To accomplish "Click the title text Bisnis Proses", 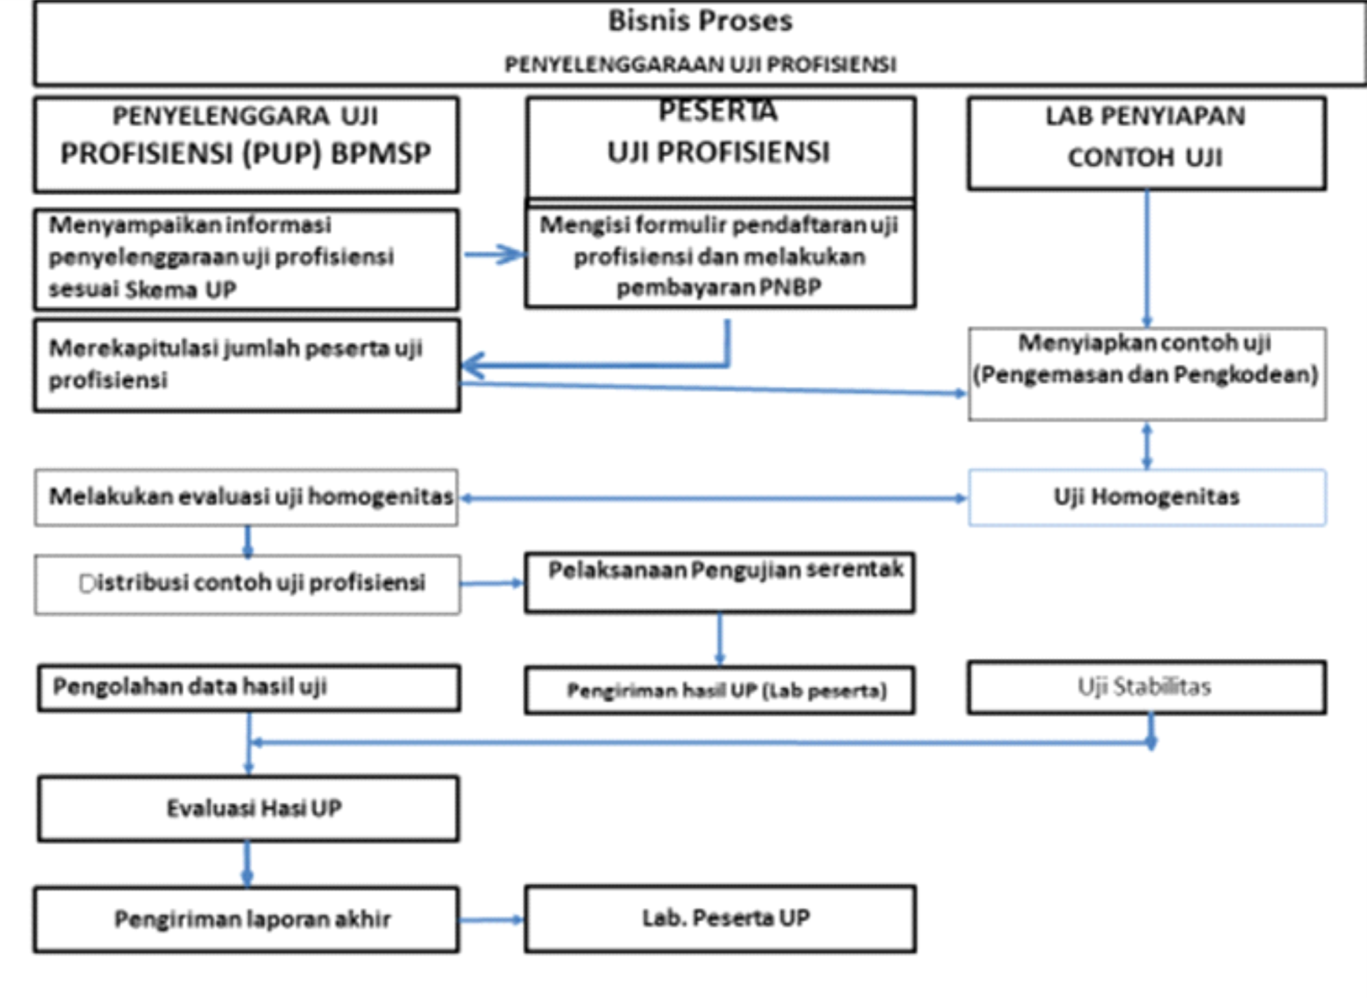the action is (x=700, y=21).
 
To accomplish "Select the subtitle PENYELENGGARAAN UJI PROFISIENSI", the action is (x=700, y=64).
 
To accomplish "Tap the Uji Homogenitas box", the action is (x=1147, y=498).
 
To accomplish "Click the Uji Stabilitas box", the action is (x=1147, y=687).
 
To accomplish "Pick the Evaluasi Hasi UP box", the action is (x=248, y=809).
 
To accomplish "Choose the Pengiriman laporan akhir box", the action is (x=247, y=920).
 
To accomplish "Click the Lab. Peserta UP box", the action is (x=720, y=919).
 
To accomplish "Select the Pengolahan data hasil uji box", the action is (x=248, y=688).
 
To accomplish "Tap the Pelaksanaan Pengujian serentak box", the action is (x=719, y=582).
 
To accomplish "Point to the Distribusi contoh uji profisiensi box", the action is (x=247, y=585).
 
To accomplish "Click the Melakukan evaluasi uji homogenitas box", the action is (x=246, y=498).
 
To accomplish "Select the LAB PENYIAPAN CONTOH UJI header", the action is (x=1147, y=144).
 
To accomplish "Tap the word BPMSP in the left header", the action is (x=381, y=153).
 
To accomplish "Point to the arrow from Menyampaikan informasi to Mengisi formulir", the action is (x=494, y=254).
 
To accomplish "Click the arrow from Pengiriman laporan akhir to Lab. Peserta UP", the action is (x=492, y=920).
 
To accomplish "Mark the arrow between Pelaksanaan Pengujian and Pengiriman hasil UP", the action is (x=719, y=639).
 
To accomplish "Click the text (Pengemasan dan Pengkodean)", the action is (x=1146, y=375).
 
